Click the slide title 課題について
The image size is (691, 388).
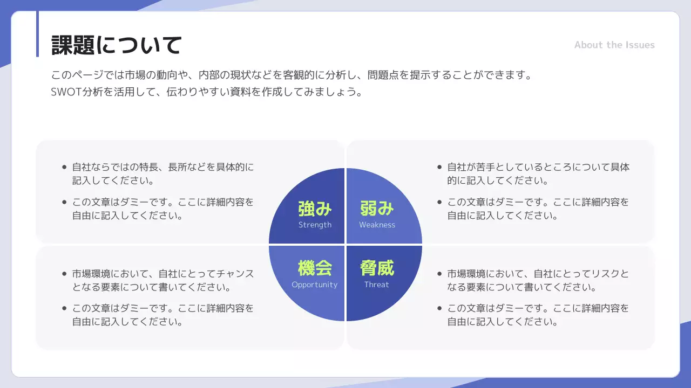click(116, 45)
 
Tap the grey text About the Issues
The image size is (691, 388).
click(614, 45)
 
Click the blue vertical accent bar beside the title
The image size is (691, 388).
click(37, 34)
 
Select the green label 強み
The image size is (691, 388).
click(315, 209)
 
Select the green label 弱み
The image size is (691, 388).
click(377, 209)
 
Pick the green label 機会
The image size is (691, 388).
click(315, 268)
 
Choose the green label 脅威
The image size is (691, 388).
click(377, 268)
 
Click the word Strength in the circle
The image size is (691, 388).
click(315, 225)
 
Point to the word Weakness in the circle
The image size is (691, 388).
click(377, 225)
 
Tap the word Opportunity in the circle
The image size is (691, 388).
click(314, 285)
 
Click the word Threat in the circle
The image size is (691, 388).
click(376, 285)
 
